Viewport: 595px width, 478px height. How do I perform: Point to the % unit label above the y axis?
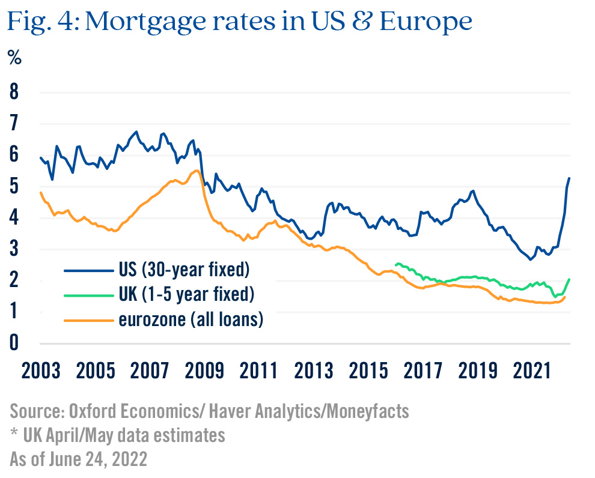(14, 58)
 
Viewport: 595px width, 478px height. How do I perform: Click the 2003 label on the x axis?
(41, 370)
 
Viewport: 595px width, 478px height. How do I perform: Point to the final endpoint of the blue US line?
(569, 178)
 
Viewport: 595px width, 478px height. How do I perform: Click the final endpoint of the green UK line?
(569, 279)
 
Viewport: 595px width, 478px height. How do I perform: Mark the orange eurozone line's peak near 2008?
(197, 171)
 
